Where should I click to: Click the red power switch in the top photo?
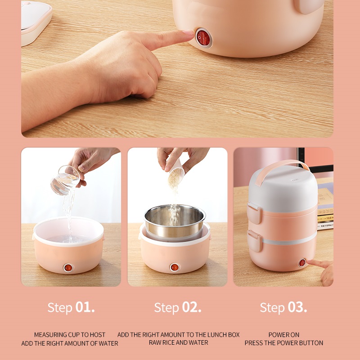click(x=203, y=38)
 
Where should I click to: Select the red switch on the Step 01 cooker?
click(x=68, y=268)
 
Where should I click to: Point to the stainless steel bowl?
click(x=175, y=221)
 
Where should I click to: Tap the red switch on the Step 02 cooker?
click(x=175, y=267)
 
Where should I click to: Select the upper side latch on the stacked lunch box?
click(x=255, y=213)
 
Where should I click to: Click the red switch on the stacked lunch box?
click(x=302, y=263)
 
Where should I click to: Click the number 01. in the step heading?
click(x=85, y=307)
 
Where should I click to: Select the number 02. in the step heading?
click(x=192, y=307)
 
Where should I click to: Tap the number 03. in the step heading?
click(x=297, y=307)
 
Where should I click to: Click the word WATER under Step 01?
click(x=108, y=343)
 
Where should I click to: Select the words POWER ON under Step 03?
click(x=284, y=335)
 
